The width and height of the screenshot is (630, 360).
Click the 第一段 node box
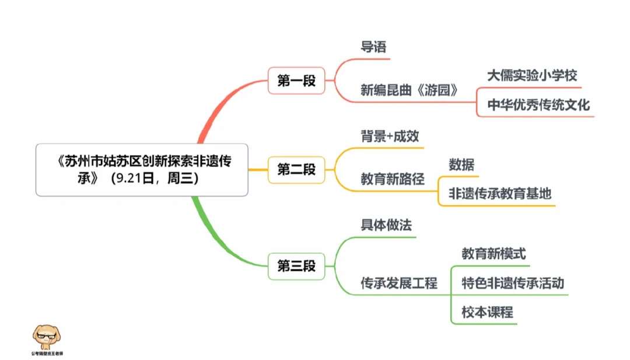pos(296,81)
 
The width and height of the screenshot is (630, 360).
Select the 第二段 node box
pos(296,170)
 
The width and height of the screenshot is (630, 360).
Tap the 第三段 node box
pos(296,267)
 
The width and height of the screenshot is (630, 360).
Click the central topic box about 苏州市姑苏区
pos(142,170)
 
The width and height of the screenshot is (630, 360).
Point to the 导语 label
pos(374,47)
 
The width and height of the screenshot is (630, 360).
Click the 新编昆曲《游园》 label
pos(409,90)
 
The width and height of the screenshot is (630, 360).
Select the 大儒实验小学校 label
pos(531,75)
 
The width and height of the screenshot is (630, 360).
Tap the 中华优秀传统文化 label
pos(538,105)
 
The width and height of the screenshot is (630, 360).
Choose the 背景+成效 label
pos(389,136)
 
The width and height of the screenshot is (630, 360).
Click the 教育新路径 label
pos(392,180)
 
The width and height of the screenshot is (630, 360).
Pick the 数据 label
pos(461,165)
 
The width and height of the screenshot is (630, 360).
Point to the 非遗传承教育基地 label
pos(499,194)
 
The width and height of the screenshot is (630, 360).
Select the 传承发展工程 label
pos(399,284)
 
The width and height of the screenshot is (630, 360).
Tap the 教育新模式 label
pos(494,254)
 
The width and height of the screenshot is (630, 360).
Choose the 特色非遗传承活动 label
pos(512,283)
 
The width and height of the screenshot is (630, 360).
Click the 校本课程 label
pos(487,312)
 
